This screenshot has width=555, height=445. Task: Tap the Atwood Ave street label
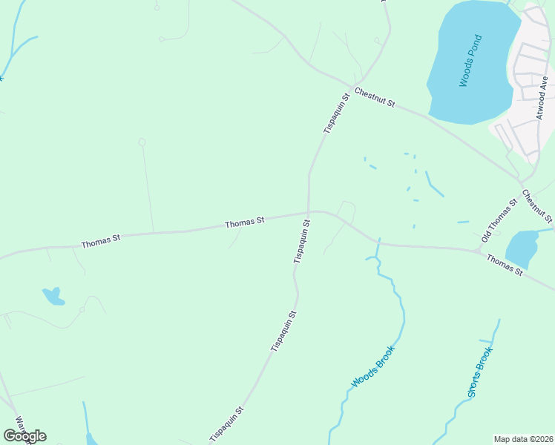542,102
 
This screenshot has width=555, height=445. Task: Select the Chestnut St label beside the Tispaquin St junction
375,96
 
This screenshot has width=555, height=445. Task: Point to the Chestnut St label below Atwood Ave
536,206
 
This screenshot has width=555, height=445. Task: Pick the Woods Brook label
373,366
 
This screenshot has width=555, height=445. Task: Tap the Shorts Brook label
480,372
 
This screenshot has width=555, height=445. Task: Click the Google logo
24,436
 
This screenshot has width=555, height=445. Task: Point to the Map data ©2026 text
523,438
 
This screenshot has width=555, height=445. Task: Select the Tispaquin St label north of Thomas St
336,113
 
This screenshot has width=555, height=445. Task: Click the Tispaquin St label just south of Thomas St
301,241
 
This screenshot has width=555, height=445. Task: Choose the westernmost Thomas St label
101,241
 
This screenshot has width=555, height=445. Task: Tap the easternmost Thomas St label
505,264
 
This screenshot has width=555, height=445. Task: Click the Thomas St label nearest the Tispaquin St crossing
245,222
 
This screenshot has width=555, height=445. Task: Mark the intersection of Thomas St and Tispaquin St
309,212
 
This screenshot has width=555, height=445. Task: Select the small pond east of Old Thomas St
522,247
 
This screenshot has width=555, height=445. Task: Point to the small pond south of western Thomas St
53,297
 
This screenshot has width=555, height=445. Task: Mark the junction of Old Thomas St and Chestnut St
522,183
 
